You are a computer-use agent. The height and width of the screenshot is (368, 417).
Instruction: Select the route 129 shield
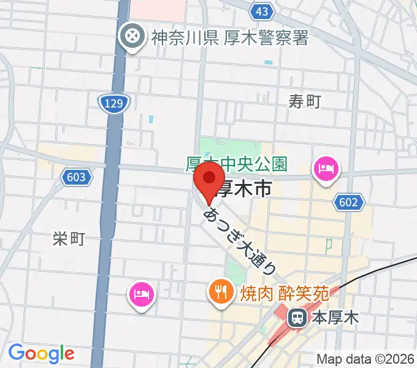pos(112,103)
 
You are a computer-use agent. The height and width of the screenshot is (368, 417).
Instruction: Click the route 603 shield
pos(77,178)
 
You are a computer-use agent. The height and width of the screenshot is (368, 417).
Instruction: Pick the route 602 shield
pos(350,202)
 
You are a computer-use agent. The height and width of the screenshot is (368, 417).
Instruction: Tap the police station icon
pos(132,38)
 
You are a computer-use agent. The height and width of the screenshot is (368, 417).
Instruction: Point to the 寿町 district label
pos(305,101)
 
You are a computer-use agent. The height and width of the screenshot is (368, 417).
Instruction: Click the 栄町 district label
pos(68,239)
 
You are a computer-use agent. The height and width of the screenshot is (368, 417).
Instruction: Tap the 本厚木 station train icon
pos(297,318)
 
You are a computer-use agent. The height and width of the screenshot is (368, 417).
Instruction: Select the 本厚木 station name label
pos(335,318)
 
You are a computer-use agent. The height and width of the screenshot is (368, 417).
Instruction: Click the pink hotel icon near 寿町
pos(326,168)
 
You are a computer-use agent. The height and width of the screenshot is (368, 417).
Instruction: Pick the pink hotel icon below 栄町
pos(142,295)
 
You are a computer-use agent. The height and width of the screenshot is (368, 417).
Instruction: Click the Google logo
pos(41,353)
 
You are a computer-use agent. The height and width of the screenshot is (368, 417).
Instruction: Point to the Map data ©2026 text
pos(364,358)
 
